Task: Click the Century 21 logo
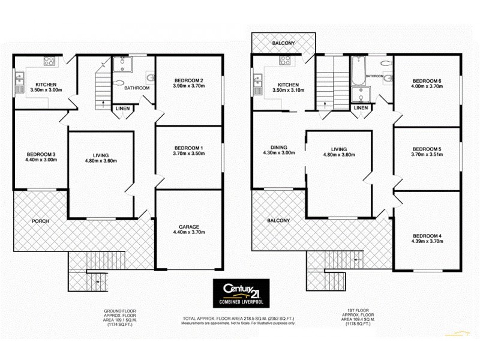coord(242,293)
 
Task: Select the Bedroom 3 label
coord(40,152)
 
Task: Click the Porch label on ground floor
coord(40,221)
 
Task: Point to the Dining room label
coord(279,147)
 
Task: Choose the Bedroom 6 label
coord(427,81)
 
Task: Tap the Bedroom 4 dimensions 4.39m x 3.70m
coord(427,241)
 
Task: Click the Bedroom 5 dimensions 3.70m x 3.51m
coord(427,154)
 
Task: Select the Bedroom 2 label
coord(189,81)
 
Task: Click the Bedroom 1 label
coord(189,148)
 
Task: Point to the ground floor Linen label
coord(121,108)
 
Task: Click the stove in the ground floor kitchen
coord(49,61)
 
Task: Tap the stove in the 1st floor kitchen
coord(286,61)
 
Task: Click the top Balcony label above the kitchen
coord(283,43)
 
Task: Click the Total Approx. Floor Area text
coord(238,318)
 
